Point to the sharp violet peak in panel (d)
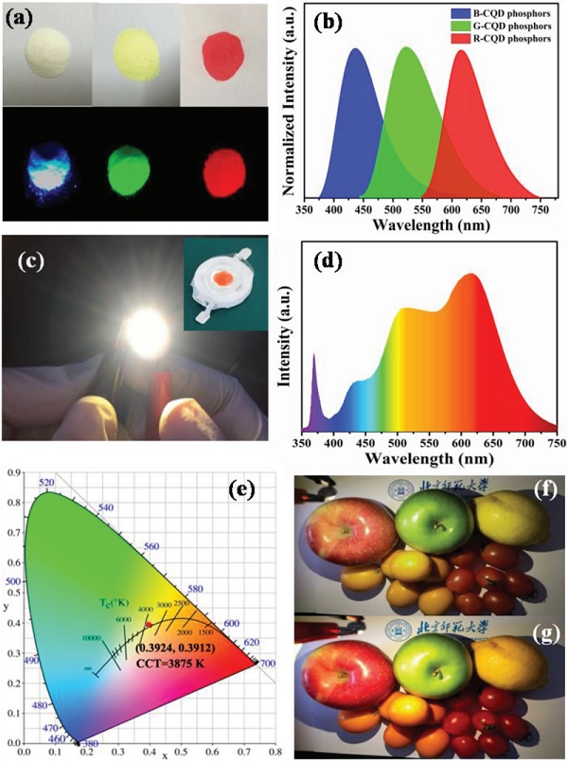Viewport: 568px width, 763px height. click(x=313, y=356)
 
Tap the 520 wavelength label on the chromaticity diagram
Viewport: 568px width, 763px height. click(x=43, y=483)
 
